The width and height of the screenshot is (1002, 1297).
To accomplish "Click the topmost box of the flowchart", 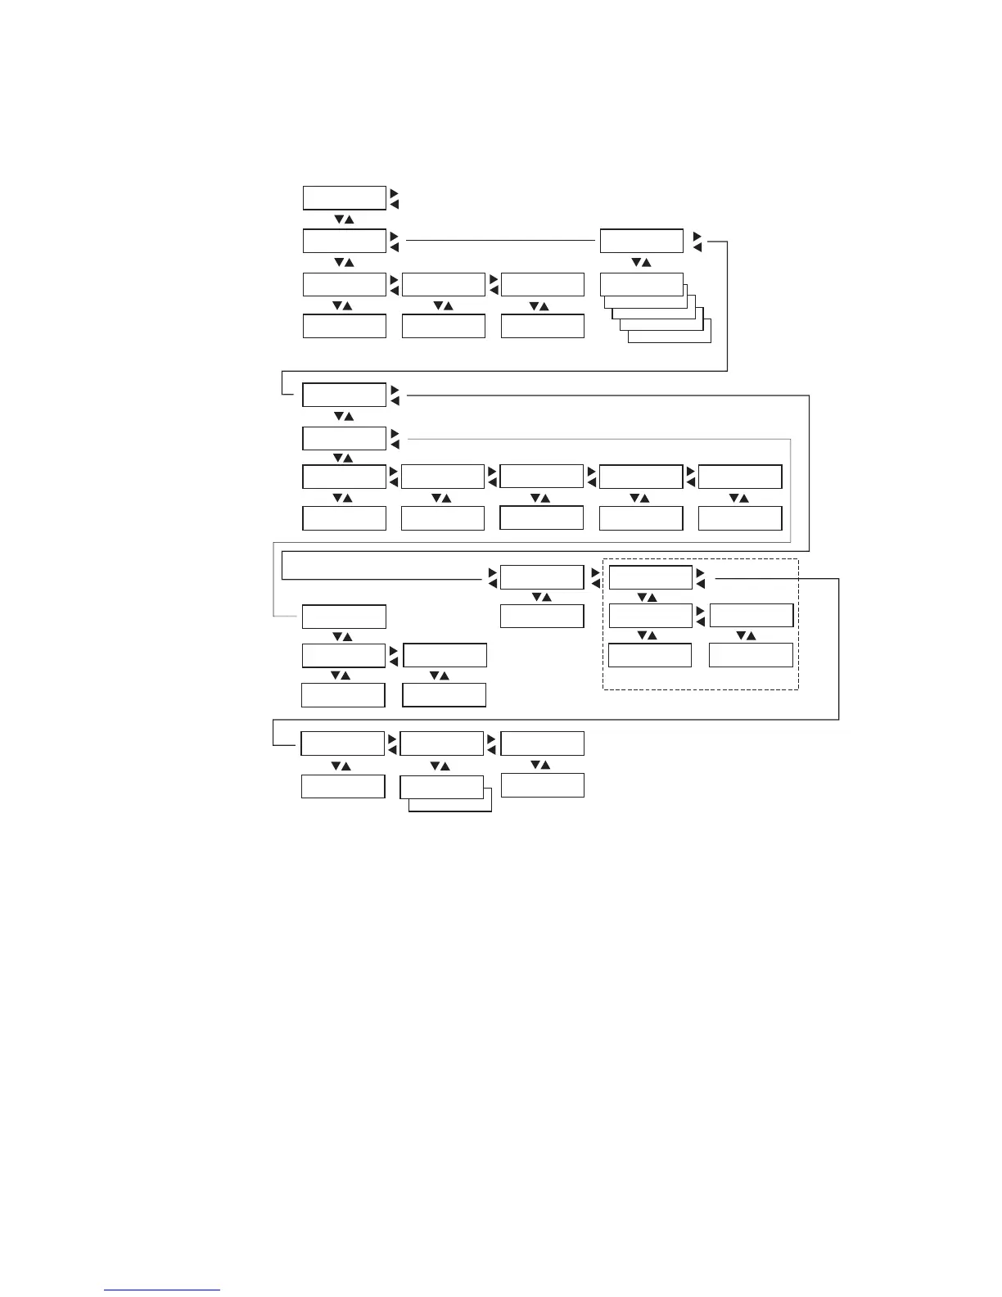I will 344,198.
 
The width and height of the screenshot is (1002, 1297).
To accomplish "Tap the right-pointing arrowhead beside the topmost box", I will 394,193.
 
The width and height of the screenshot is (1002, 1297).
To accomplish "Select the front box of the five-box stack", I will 641,284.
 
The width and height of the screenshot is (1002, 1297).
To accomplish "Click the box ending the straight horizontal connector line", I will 641,241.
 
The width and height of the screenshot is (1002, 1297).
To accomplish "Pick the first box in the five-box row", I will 344,477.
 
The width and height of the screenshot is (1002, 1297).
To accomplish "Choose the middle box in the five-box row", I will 541,477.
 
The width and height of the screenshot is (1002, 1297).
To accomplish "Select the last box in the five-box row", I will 740,477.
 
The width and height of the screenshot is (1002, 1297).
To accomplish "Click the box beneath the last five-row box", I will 740,518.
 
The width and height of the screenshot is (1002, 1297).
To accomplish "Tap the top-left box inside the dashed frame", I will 651,577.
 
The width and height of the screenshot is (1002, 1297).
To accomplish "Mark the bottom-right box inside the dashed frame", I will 751,655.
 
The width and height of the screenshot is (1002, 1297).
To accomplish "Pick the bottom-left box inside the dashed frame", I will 650,655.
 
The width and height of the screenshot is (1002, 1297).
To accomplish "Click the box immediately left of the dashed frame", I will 541,577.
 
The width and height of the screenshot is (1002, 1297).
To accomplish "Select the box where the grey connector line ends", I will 344,617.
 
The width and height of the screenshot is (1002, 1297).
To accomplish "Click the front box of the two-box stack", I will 441,787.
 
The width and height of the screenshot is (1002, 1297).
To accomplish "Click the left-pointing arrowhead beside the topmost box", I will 394,204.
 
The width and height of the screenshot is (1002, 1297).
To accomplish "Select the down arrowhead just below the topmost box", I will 336,220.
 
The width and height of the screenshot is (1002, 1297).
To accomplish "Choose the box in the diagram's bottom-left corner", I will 342,786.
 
